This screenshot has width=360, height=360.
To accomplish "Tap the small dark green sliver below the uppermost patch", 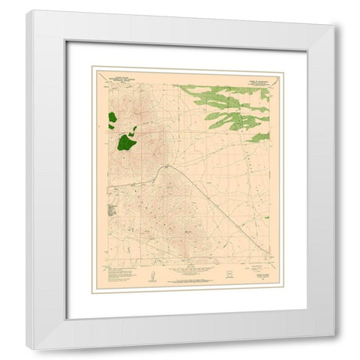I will click(x=118, y=128).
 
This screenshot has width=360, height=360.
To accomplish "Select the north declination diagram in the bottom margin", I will click(x=150, y=277).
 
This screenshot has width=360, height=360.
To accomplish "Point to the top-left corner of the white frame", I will click(x=27, y=11).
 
